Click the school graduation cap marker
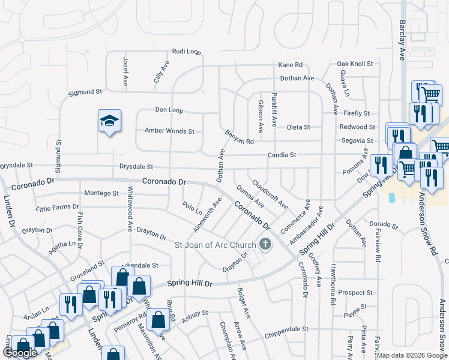tap(110, 121)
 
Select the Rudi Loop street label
tap(186, 52)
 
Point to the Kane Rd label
tap(290, 65)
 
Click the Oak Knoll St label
tap(355, 64)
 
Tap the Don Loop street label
tap(169, 110)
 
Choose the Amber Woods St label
tap(169, 131)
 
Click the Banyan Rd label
tap(240, 137)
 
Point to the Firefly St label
tap(357, 113)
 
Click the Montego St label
tap(101, 193)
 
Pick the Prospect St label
tap(355, 293)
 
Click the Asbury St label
tap(196, 313)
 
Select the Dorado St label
tap(384, 224)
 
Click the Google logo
tap(20, 353)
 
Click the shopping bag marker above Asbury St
tap(158, 320)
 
